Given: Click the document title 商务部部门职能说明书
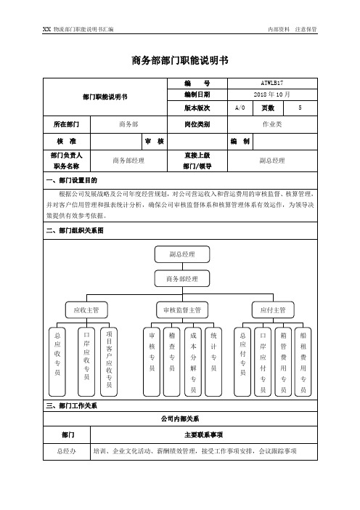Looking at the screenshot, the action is point(180,60).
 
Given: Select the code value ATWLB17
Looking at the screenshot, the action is point(272,84).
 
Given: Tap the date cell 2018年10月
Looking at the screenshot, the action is point(272,94).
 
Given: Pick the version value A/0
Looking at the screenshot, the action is point(240,108).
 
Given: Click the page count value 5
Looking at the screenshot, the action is point(300,108).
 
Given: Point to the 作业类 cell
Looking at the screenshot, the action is point(272,124).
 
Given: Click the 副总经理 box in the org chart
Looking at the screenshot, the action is point(182,254).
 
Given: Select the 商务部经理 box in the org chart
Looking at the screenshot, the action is point(182,279).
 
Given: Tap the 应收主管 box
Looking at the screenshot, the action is point(86,310).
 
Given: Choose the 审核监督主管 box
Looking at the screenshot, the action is point(182,310).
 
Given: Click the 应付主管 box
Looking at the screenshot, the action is point(273,310).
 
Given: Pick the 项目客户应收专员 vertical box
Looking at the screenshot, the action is point(109,362).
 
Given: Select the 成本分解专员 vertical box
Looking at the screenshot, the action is point(193,362).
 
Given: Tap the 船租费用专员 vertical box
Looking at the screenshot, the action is point(303,362).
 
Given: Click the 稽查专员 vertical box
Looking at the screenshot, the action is point(172,362).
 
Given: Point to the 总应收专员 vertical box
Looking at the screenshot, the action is point(57,362).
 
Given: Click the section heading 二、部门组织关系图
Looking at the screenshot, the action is point(75,230).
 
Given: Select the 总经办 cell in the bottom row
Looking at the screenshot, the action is point(67,451).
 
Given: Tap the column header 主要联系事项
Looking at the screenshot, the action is point(204,435).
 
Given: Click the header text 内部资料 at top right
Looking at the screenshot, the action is point(279,29).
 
